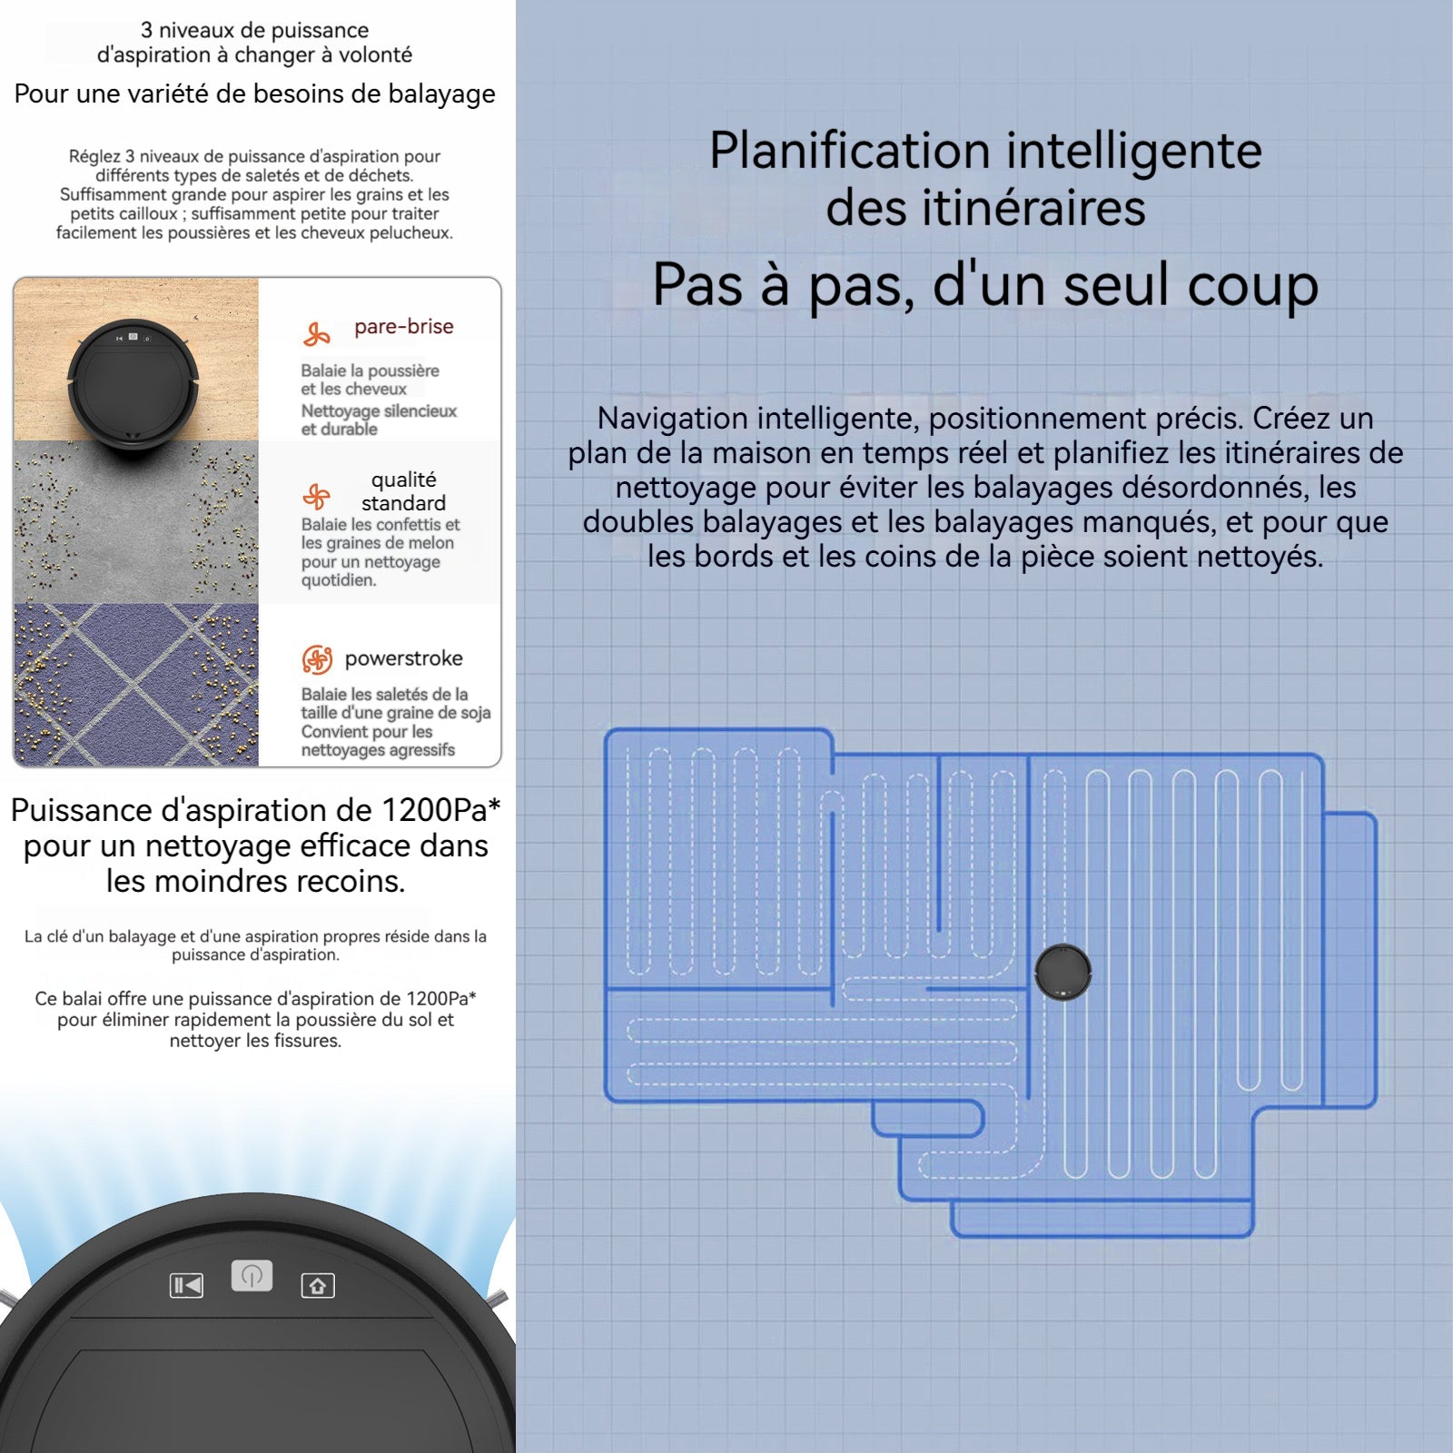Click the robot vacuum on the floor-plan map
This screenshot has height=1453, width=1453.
pos(1063,972)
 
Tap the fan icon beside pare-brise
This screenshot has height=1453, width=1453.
pos(316,334)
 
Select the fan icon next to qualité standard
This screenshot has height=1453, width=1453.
pos(316,497)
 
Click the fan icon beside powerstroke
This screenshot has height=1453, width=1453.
pos(317,659)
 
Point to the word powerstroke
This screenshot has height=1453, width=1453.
pos(403,658)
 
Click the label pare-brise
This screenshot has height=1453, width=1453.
pos(404,327)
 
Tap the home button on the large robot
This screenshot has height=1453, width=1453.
pos(318,1286)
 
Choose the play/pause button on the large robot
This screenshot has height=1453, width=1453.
pos(186,1286)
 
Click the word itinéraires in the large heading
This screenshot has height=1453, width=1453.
pos(1033,208)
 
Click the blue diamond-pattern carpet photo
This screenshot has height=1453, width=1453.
pos(136,685)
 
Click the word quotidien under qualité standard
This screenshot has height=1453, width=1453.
pos(339,580)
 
